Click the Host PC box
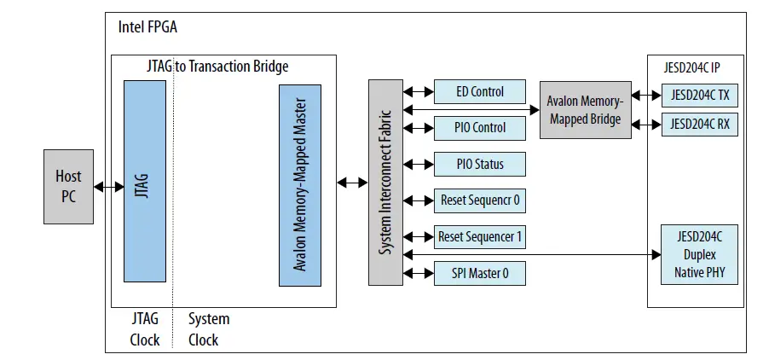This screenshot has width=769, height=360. (x=68, y=186)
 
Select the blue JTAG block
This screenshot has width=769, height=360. (x=144, y=180)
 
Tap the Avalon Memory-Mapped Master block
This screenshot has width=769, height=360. (x=300, y=185)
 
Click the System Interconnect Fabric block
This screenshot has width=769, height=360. (x=385, y=182)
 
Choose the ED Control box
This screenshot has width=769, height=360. (x=479, y=92)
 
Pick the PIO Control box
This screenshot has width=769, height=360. (x=479, y=128)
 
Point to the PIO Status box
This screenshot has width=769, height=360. (x=479, y=164)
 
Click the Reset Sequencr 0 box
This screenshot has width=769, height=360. (x=479, y=200)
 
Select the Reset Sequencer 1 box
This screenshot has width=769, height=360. (x=479, y=236)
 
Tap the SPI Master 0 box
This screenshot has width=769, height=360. (x=479, y=273)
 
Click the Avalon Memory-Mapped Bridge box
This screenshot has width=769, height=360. (x=585, y=110)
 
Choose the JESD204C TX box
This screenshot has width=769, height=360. (x=699, y=96)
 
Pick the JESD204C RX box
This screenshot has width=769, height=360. (x=699, y=124)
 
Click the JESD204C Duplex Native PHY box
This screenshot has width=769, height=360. (x=699, y=254)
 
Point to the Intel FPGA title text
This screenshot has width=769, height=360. (x=147, y=27)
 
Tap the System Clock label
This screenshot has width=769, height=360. (x=209, y=329)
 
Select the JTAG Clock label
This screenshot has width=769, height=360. (x=144, y=329)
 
